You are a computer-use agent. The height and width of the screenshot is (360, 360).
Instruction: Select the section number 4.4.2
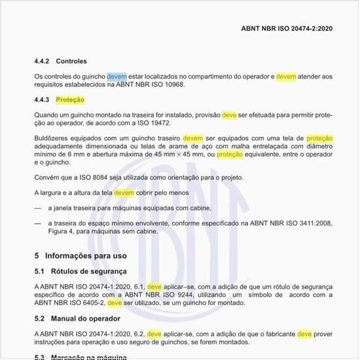[43, 61]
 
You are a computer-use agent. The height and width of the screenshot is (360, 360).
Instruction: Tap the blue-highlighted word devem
[117, 77]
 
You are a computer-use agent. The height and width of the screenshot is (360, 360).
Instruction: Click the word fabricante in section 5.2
[274, 334]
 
